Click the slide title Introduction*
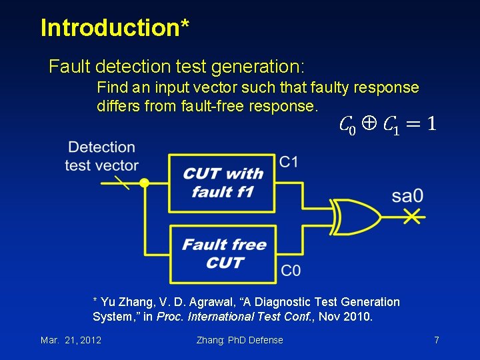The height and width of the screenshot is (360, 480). pos(115,28)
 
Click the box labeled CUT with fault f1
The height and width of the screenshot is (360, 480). pos(222,183)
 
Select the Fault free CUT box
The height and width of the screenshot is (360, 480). pos(223,253)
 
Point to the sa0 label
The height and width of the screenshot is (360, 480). pos(407,197)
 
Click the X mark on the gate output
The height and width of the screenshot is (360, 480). pos(414,216)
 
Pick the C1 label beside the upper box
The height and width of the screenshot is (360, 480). pos(289,162)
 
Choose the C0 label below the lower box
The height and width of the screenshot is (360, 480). pos(290,270)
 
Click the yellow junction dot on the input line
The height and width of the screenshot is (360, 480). pos(143,183)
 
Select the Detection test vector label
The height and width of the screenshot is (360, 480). pos(101,156)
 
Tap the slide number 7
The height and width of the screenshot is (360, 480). pos(436,340)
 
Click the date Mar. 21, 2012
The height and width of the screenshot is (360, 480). pos(71,340)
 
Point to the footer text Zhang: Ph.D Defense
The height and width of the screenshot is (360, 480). pos(239,340)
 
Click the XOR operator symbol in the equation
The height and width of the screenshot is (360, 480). pos(369,123)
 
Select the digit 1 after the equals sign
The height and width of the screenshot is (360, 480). pos(431,123)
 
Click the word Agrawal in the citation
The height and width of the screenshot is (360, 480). pos(188,302)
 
